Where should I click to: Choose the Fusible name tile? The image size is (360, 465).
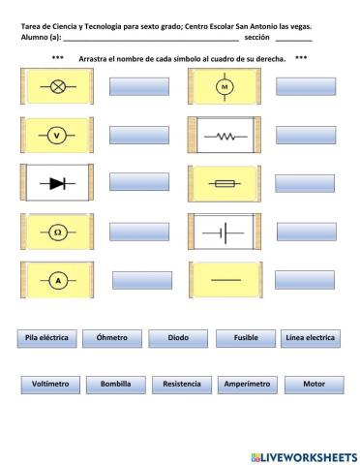(245, 338)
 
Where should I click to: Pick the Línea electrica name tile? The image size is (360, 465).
(311, 338)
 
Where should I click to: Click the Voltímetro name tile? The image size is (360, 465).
(50, 385)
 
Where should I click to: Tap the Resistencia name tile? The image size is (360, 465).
(182, 385)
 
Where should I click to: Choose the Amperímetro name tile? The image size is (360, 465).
(247, 385)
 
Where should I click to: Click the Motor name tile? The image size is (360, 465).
(314, 385)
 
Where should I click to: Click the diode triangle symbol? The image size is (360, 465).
(55, 182)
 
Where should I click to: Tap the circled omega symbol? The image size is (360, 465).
(56, 232)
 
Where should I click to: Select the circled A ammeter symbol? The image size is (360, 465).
(56, 281)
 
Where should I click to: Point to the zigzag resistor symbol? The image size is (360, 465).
(225, 136)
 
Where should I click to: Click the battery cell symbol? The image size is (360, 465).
(225, 232)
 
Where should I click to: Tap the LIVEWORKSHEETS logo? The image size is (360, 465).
(303, 454)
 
